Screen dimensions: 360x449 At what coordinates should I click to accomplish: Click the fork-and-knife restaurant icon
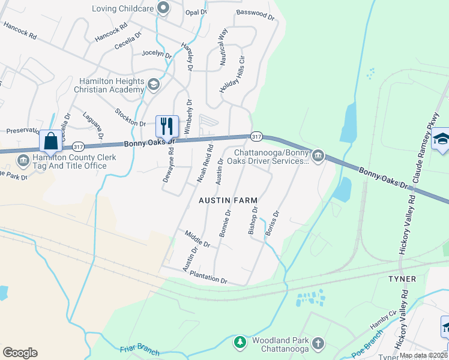[167, 126]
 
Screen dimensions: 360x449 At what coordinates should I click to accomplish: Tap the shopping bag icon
[51, 141]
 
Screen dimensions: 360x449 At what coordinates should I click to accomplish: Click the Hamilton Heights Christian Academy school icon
[154, 85]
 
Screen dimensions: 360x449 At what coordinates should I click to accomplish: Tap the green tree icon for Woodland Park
[240, 342]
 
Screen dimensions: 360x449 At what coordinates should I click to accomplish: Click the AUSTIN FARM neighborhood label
[229, 200]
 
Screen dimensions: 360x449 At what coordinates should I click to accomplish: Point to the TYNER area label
[402, 280]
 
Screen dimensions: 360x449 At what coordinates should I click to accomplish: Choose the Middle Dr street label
[197, 241]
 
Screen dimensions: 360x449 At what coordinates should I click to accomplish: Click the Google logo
[20, 353]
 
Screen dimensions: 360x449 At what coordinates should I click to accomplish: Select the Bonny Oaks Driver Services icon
[318, 157]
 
